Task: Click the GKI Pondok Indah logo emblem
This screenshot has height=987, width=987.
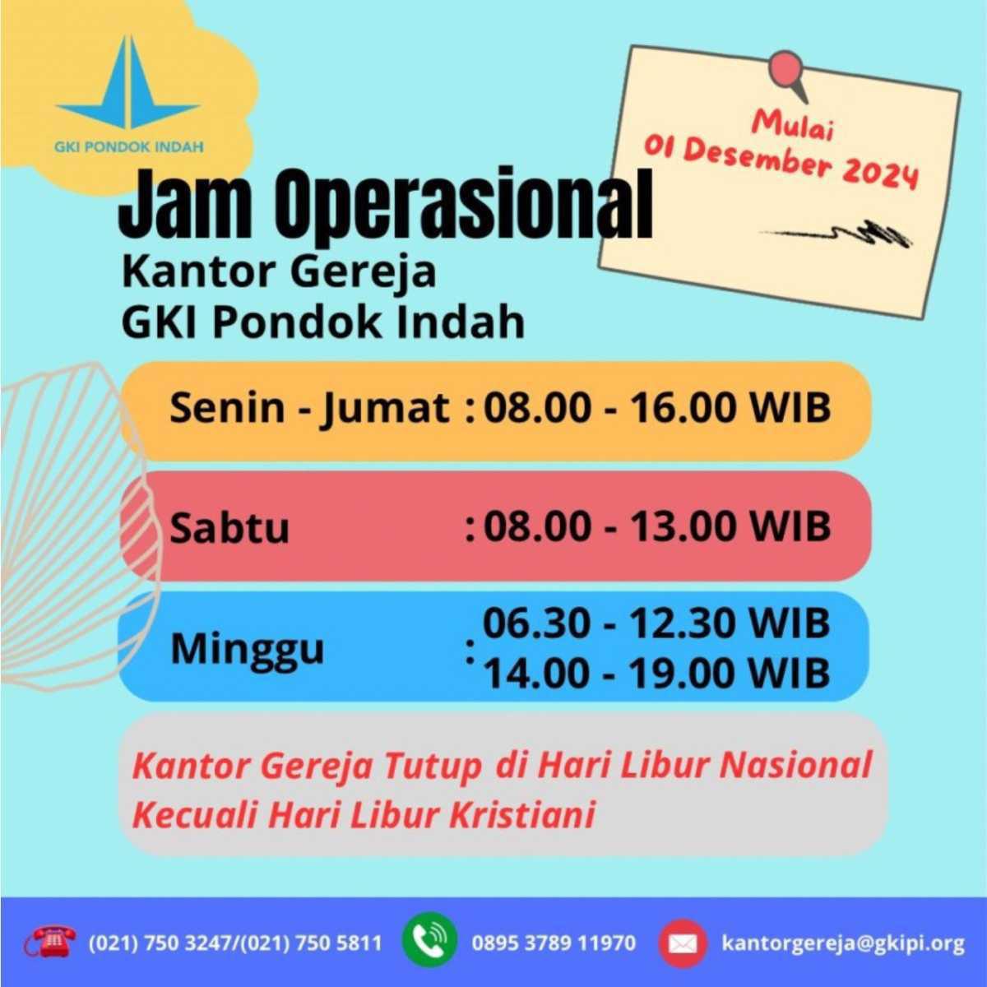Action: point(128,86)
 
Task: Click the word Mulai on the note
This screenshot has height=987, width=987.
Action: point(794,126)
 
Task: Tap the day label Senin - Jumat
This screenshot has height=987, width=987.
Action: point(309,408)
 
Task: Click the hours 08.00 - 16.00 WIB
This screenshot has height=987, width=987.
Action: point(656,408)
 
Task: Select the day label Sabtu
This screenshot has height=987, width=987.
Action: point(229,527)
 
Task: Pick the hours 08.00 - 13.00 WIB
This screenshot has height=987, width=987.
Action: point(656,526)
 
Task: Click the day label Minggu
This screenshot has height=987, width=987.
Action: point(248,649)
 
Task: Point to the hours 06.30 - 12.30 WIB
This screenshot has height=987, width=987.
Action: point(656,623)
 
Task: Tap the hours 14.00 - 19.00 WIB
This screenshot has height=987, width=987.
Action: point(656,674)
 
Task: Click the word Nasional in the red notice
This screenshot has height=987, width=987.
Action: point(795,765)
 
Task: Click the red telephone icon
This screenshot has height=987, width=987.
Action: point(50,941)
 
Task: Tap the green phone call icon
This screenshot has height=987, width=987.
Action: point(429,940)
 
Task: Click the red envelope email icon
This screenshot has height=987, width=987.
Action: point(682,943)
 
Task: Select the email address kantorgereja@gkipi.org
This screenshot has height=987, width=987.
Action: point(843,943)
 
